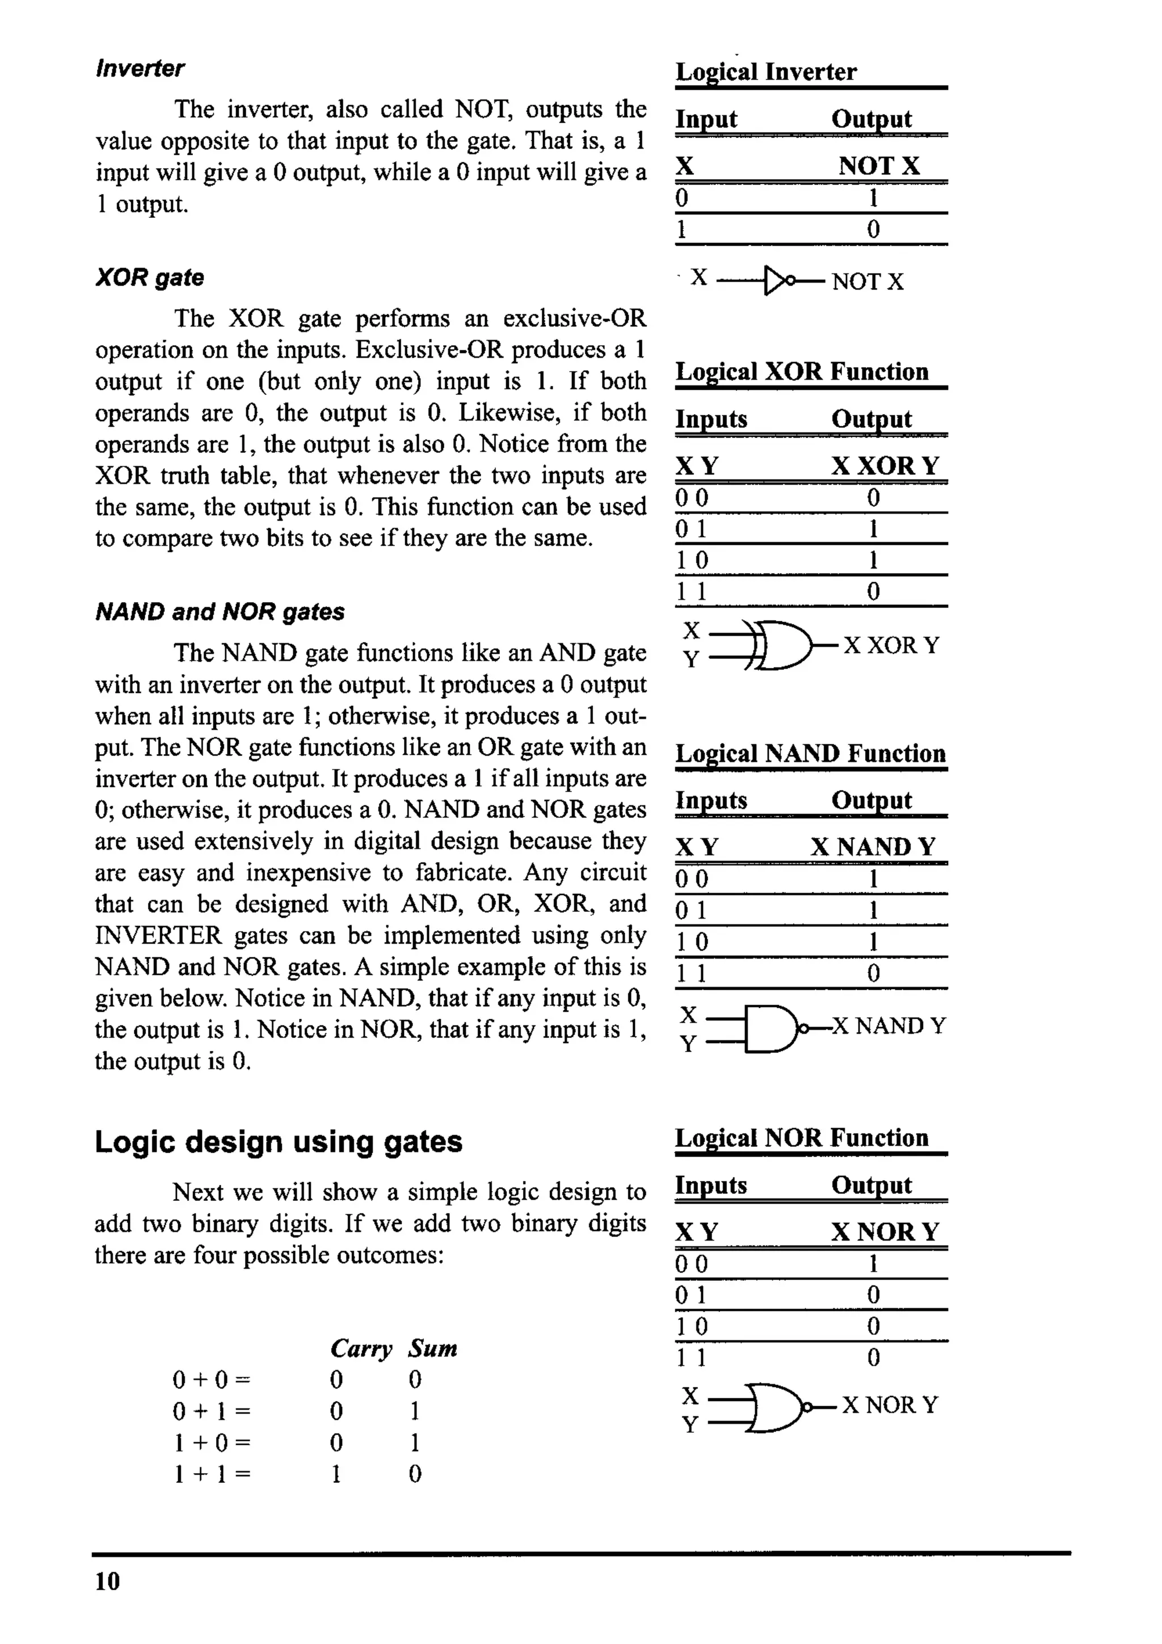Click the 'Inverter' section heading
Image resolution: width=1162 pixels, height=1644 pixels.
pyautogui.click(x=140, y=69)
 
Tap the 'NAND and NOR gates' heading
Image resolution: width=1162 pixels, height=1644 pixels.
pyautogui.click(x=220, y=612)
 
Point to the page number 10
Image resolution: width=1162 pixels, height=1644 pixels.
pyautogui.click(x=107, y=1581)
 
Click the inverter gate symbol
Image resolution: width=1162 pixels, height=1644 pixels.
pyautogui.click(x=778, y=281)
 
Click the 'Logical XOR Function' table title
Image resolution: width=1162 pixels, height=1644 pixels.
pyautogui.click(x=802, y=372)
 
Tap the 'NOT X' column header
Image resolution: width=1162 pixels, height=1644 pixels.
pyautogui.click(x=878, y=166)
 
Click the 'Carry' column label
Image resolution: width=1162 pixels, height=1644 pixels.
pyautogui.click(x=361, y=1348)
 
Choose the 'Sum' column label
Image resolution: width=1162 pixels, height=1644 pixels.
pyautogui.click(x=432, y=1348)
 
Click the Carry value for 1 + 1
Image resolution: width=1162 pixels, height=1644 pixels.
pyautogui.click(x=336, y=1474)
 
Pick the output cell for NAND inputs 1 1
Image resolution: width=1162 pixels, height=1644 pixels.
pyautogui.click(x=873, y=973)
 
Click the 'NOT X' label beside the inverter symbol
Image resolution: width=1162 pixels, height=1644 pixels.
pyautogui.click(x=867, y=281)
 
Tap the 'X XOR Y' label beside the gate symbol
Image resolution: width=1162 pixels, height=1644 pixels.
pyautogui.click(x=891, y=645)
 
